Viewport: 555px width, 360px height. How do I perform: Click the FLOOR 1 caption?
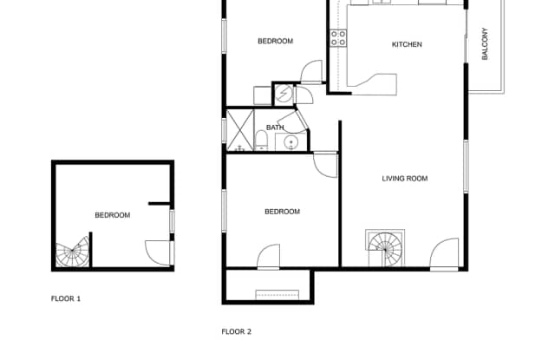66,298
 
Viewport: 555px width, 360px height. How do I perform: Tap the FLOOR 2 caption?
236,331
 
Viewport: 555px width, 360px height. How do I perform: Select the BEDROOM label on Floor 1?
113,215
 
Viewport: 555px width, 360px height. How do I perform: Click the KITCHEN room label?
407,44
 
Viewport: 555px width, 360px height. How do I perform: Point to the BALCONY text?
485,45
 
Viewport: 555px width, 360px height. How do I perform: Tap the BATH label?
275,128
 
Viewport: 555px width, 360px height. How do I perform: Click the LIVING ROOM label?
405,180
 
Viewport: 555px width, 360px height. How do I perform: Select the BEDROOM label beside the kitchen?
275,41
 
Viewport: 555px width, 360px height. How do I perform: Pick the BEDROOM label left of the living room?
282,212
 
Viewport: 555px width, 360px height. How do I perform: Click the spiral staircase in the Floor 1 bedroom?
72,253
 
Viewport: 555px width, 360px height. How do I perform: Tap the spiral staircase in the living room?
385,248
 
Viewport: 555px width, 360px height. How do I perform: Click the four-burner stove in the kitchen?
338,37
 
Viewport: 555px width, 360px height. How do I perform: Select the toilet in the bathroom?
261,141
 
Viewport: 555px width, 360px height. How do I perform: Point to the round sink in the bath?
292,142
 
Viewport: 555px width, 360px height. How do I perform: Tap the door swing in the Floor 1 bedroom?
157,252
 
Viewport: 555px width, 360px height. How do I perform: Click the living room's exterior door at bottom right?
445,252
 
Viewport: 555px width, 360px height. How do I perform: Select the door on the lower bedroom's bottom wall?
269,258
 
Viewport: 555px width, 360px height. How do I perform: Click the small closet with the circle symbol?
284,94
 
